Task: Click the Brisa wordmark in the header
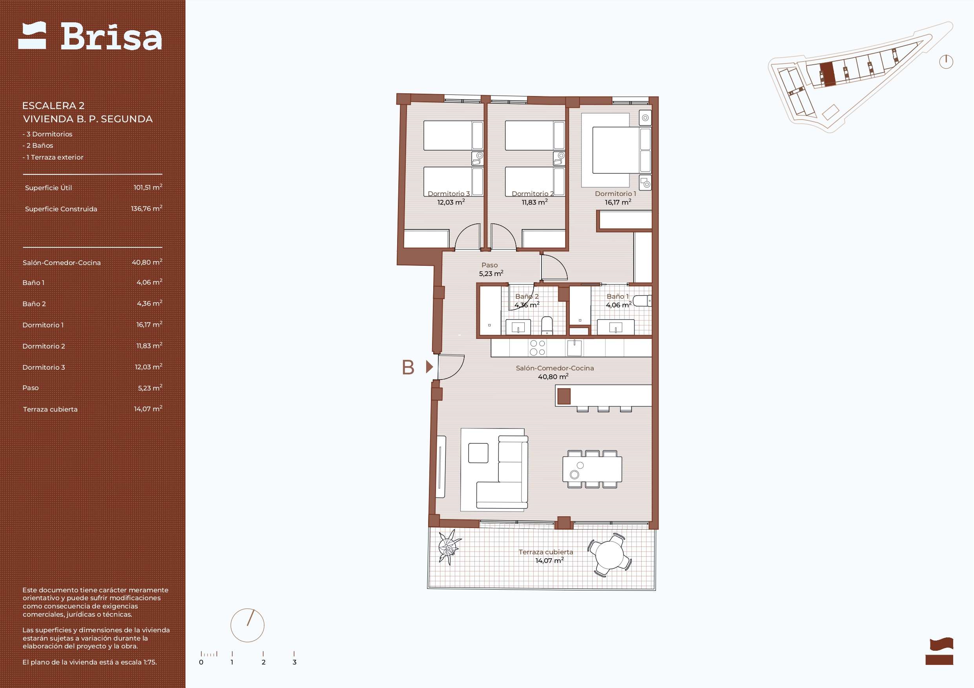click(111, 36)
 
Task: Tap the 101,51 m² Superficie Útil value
click(148, 187)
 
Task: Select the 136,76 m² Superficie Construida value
click(146, 208)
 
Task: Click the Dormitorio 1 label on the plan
click(615, 194)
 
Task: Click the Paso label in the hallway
click(489, 265)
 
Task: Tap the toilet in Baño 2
click(547, 325)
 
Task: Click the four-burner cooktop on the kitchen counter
click(538, 348)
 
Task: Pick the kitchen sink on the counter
click(575, 348)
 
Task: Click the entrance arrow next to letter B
click(429, 367)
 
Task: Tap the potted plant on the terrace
click(449, 547)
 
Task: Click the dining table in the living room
click(592, 469)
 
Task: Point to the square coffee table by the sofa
click(478, 453)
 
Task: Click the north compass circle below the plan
click(247, 625)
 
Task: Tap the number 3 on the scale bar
click(294, 662)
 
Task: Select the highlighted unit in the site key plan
click(827, 74)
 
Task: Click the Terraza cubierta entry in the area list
click(50, 409)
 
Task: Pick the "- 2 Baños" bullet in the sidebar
click(38, 145)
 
